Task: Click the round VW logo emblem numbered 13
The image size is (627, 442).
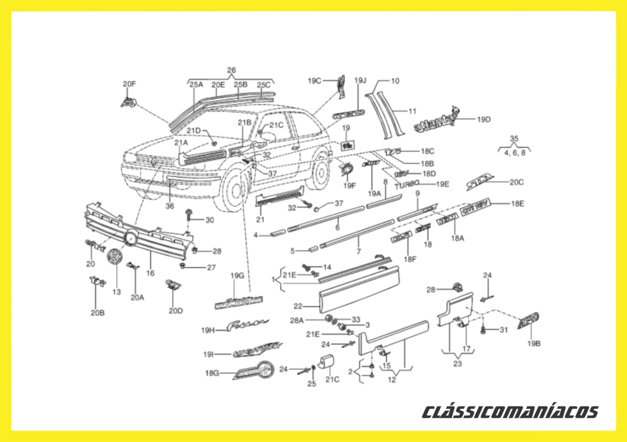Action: (115, 259)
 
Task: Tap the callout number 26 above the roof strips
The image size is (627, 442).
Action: (231, 70)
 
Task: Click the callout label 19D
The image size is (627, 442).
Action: (484, 120)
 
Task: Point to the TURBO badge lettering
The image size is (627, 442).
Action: (407, 184)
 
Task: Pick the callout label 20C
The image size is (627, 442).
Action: (517, 182)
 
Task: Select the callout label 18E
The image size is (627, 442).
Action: (517, 204)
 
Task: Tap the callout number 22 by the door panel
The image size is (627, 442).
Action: (298, 306)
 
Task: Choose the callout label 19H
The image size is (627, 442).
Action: (208, 331)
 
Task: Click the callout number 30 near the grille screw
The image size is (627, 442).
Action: (210, 220)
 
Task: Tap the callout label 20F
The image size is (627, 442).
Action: (129, 84)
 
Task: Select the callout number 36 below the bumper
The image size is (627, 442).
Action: (170, 206)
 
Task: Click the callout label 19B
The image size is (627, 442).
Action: (534, 343)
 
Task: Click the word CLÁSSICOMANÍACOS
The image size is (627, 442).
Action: (510, 411)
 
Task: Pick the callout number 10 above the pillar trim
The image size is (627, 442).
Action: (395, 81)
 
